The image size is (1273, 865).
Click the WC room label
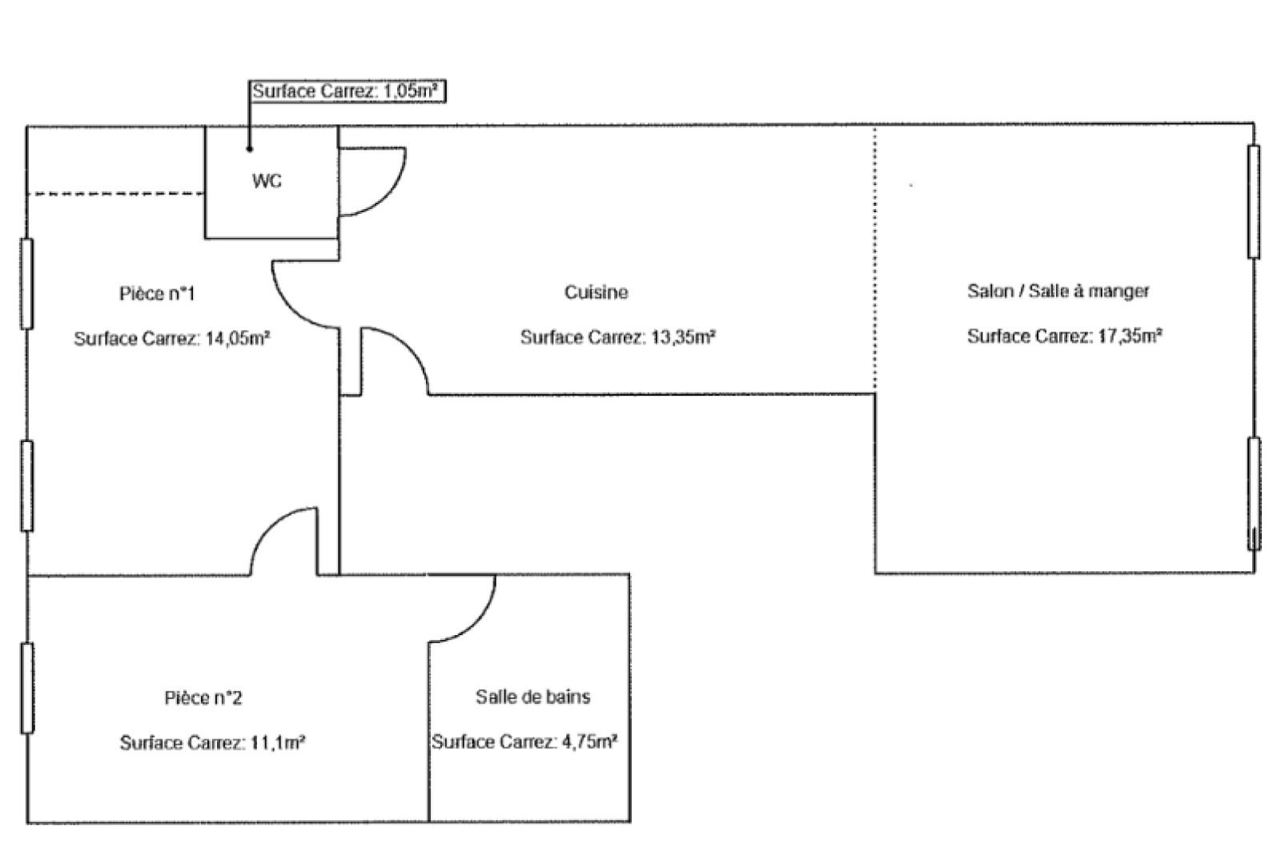267,181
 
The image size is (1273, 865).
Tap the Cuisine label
596,292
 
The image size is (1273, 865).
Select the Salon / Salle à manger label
1058,291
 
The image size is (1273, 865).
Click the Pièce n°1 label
157,293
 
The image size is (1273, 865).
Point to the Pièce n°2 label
203,698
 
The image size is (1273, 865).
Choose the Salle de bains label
533,696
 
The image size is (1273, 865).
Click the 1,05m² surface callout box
347,91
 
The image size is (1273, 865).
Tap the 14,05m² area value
238,339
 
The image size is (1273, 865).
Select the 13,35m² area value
683,337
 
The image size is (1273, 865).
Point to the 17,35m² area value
1130,336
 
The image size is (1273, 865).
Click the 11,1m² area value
278,742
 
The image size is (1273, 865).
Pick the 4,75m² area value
588,742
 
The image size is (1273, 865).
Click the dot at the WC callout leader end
250,149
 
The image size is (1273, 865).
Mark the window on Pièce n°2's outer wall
26,688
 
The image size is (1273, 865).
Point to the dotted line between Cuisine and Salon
874,259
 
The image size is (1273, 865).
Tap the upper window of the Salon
1253,202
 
